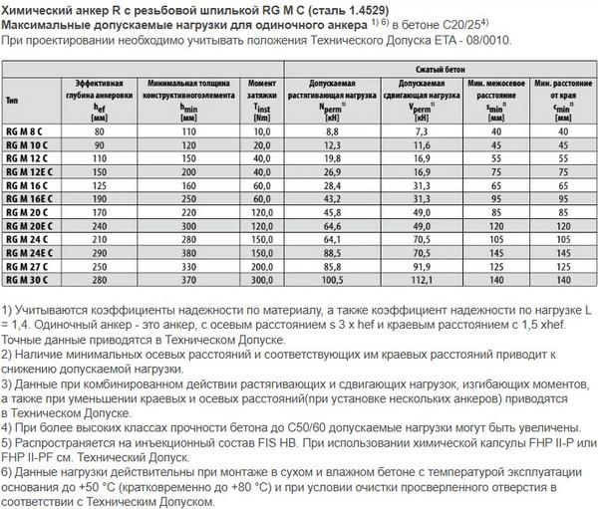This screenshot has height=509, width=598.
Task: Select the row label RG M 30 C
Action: pos(29,280)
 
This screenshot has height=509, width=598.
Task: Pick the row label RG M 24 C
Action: pos(29,239)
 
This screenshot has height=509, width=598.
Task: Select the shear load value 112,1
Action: pos(420,280)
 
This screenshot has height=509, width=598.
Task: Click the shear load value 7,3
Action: pos(420,130)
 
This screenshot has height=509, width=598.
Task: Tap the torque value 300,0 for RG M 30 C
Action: pos(262,280)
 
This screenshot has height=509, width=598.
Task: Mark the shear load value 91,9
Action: pos(420,267)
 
